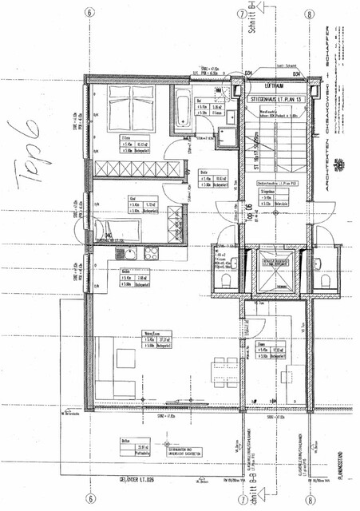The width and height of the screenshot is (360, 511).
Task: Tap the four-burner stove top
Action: coord(150,253)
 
